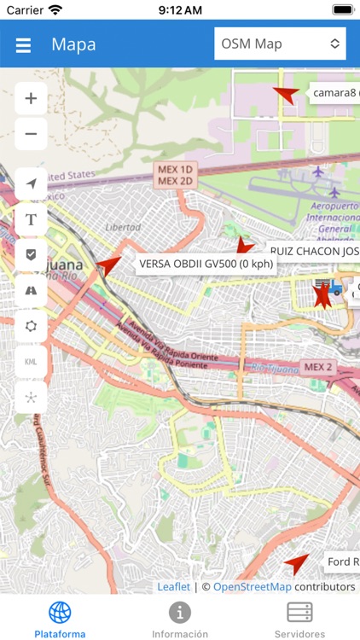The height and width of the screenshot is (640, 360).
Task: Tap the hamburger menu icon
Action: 23,45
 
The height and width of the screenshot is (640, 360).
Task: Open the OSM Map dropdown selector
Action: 280,44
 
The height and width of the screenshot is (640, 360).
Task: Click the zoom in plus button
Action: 31,98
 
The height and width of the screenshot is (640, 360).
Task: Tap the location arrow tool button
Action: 31,183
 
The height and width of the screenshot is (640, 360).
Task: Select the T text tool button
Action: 31,219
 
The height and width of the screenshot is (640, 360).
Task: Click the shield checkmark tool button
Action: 31,254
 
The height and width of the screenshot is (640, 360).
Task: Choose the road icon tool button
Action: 31,290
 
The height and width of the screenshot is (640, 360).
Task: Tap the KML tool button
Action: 31,362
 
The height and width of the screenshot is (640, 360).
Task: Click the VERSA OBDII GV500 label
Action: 206,264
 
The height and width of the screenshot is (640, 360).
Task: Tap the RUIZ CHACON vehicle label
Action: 313,251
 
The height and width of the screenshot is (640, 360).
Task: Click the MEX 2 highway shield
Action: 318,367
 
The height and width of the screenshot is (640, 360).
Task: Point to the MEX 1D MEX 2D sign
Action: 176,175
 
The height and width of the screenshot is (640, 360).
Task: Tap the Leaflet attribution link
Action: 173,586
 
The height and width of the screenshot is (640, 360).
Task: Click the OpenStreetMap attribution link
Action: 252,586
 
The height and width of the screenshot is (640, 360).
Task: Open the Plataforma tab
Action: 60,619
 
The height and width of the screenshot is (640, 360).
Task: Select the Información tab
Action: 180,619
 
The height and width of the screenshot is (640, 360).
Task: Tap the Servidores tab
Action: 299,619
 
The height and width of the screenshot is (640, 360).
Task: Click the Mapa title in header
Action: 73,45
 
